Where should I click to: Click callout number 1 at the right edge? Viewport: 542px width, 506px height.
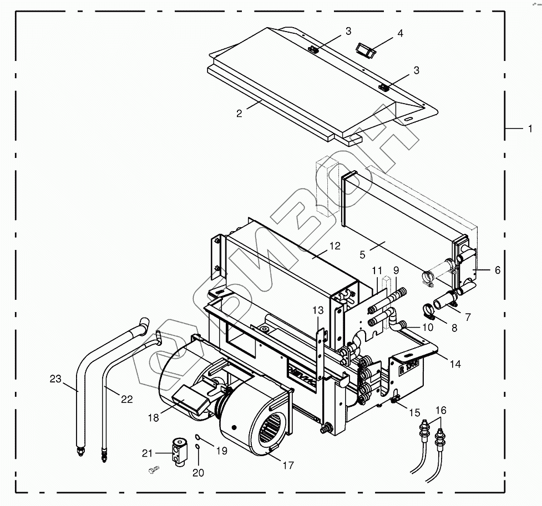point(530,129)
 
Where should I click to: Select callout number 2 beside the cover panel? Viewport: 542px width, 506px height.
point(239,114)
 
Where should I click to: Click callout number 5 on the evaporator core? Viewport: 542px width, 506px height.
point(362,254)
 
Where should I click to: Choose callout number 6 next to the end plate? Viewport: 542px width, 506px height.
point(497,270)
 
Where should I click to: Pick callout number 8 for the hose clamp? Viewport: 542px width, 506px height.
point(454,328)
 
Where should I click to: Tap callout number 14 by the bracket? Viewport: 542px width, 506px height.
point(455,364)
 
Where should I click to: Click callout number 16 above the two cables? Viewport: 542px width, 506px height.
point(441,410)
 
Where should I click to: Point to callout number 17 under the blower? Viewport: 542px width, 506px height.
point(288,466)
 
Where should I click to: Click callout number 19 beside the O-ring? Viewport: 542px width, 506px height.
point(221,451)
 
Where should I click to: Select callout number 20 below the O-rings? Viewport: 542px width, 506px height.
point(198,473)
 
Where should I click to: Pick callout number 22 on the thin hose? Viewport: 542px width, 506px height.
point(127,400)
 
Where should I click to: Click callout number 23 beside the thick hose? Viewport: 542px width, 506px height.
point(55,379)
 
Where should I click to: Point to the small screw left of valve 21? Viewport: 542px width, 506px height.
point(154,470)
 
